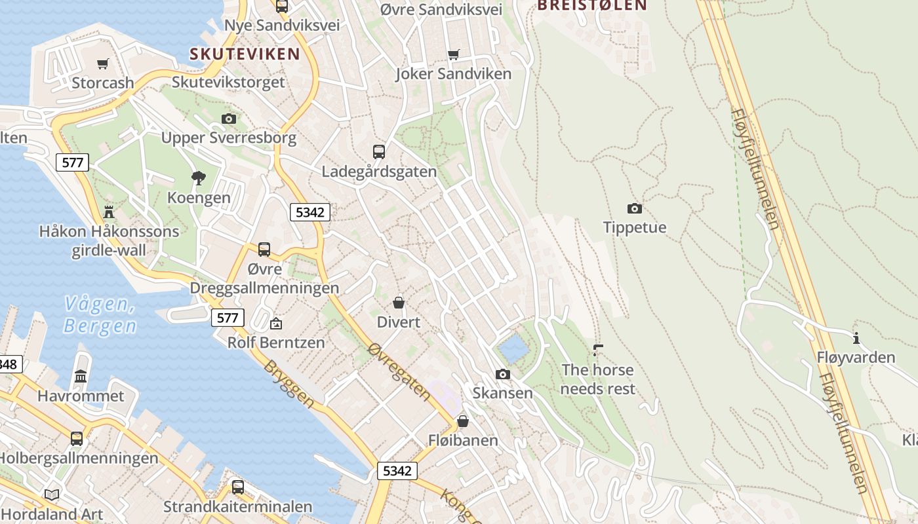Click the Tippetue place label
634,227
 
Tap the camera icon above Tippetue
634,208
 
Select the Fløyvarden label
856,357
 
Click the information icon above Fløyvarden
856,338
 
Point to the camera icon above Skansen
503,374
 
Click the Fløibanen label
463,440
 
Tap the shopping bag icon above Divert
398,303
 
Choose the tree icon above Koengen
198,178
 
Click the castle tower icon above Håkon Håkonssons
109,212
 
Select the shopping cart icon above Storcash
102,64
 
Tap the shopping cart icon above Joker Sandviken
453,54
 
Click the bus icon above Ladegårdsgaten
378,152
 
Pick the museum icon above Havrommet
81,376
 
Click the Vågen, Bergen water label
100,314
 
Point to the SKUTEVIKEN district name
245,54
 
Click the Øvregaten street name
399,371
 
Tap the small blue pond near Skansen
513,348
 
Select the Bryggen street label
289,383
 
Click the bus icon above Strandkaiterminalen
237,487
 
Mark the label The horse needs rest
597,379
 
